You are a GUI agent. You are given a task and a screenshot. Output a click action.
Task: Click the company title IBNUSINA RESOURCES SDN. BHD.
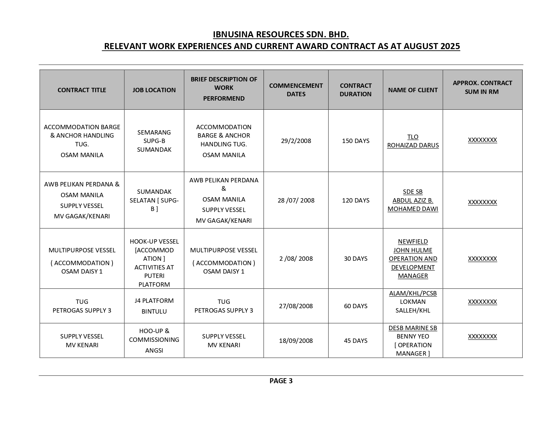[281, 35]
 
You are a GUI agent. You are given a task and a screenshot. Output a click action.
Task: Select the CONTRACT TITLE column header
[82, 90]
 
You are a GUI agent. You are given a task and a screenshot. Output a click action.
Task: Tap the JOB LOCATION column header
[154, 90]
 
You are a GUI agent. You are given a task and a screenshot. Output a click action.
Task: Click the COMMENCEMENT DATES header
[296, 90]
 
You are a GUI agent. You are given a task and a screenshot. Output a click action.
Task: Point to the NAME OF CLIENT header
[413, 90]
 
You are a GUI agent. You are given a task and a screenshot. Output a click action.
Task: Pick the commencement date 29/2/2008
[296, 141]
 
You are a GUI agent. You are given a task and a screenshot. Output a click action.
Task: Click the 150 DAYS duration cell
[356, 141]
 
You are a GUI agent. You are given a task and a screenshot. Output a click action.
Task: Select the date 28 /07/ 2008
[296, 200]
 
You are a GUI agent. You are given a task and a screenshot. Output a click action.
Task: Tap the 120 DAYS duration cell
[356, 200]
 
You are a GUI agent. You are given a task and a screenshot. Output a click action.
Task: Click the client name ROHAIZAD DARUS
[413, 145]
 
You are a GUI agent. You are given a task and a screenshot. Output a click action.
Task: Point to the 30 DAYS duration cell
[356, 258]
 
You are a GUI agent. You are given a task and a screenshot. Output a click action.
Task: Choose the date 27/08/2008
[296, 306]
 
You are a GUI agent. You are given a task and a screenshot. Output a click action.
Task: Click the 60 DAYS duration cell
[356, 306]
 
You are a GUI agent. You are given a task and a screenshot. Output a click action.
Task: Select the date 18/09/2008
[296, 341]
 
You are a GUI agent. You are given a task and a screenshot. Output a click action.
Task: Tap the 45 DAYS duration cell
[356, 341]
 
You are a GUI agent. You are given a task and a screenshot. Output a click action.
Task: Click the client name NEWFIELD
[413, 242]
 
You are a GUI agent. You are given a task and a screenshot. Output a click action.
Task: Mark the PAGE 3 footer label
[281, 381]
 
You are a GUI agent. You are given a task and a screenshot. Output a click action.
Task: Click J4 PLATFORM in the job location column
[154, 300]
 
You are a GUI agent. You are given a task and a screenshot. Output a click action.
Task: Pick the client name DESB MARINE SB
[413, 328]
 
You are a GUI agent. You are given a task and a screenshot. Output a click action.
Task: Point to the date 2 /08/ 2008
[296, 258]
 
